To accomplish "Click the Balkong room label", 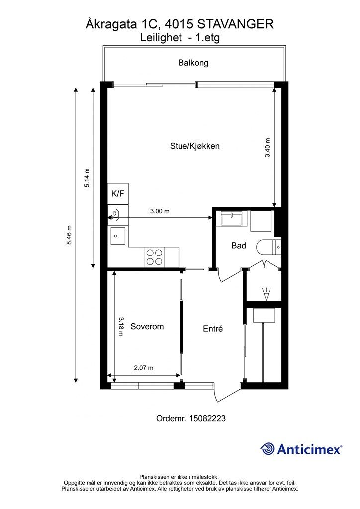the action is (x=193, y=63).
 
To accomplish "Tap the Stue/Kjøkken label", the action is (x=195, y=146).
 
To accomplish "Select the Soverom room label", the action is (x=147, y=326).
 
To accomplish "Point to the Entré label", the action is (x=213, y=329).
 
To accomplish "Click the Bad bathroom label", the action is (x=239, y=246).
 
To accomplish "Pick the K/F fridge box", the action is (x=118, y=194).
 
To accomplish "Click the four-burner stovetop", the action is (x=155, y=257).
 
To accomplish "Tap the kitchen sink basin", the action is (x=118, y=235).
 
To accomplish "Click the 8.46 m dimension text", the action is (x=69, y=235).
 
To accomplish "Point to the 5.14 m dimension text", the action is (x=87, y=178).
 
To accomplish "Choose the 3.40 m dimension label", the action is (x=267, y=147).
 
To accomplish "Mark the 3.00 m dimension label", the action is (x=160, y=211).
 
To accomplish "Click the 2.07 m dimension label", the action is (x=144, y=368).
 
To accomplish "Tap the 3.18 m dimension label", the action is (x=121, y=326).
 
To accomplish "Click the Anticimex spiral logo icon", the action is (x=268, y=449).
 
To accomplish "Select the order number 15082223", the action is (x=207, y=418).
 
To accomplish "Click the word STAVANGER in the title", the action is (x=235, y=24).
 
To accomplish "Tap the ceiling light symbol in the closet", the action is (x=266, y=294).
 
